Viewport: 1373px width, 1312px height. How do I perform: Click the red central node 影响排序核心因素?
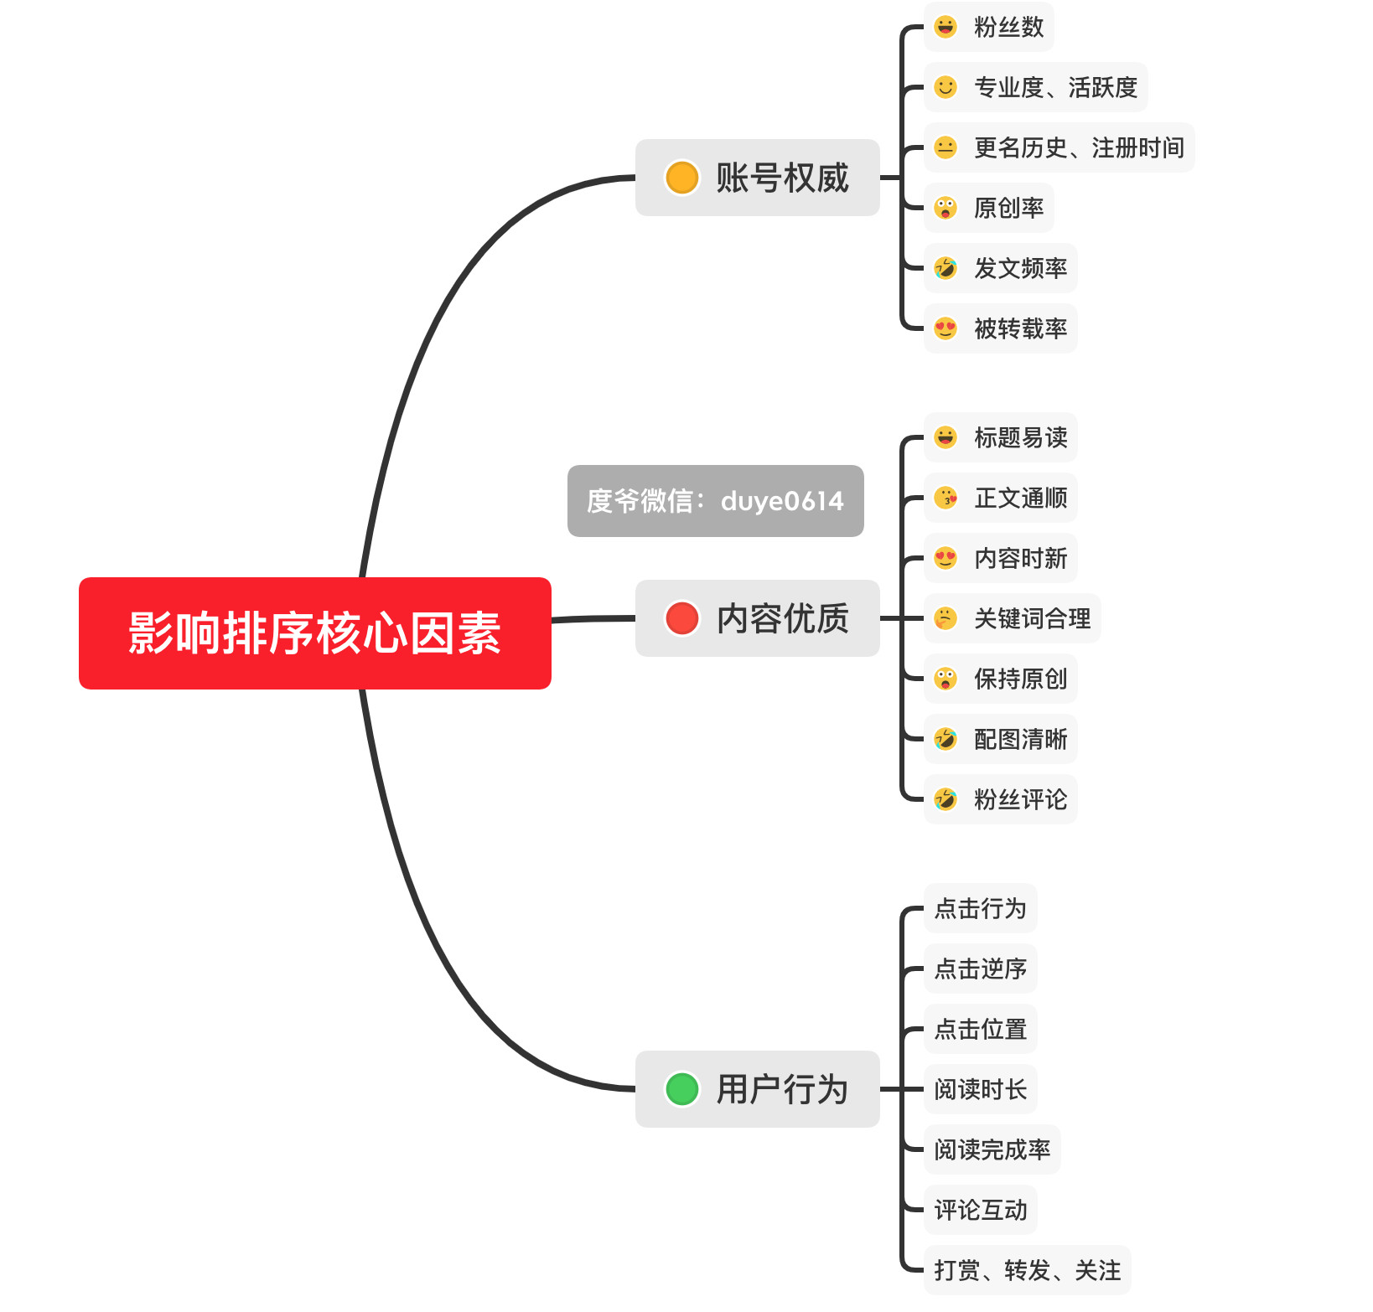[x=314, y=633]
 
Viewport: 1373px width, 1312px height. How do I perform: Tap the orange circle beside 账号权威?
[x=681, y=178]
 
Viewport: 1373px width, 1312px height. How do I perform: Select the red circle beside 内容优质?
[x=681, y=618]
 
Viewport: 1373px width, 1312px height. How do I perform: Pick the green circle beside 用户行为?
[x=681, y=1089]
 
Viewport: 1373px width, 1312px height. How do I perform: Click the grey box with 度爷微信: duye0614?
[x=715, y=501]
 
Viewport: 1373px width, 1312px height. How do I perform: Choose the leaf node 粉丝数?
[x=988, y=27]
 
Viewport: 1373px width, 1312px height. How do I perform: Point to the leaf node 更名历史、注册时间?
[x=1059, y=147]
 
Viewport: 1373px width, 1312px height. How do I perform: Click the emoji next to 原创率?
[x=946, y=208]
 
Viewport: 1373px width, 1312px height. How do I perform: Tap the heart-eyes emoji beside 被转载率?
[x=946, y=328]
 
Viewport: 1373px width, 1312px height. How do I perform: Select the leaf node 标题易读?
[x=1000, y=437]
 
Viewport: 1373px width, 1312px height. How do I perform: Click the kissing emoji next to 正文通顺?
[x=946, y=498]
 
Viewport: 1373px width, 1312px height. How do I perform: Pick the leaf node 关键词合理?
[x=1012, y=618]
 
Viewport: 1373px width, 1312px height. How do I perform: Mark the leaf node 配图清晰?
[x=1000, y=739]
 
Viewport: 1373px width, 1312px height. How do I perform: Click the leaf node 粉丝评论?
[x=1000, y=799]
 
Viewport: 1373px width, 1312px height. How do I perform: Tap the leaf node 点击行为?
[x=980, y=908]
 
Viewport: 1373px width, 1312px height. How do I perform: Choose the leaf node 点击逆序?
[x=980, y=969]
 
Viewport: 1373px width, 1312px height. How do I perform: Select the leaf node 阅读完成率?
[x=992, y=1149]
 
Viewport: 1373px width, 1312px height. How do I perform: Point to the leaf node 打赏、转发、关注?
[x=1027, y=1270]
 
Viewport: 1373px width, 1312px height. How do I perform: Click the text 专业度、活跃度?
[x=1055, y=87]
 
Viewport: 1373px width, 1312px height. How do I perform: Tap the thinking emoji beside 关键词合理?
[x=946, y=618]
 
